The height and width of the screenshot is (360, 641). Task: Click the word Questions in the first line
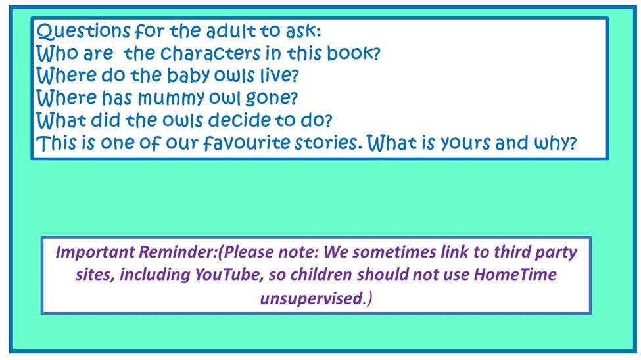click(83, 32)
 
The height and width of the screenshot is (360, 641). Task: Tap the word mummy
click(172, 99)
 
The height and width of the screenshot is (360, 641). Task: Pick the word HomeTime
click(515, 274)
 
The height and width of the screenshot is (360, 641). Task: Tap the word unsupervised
click(312, 298)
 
